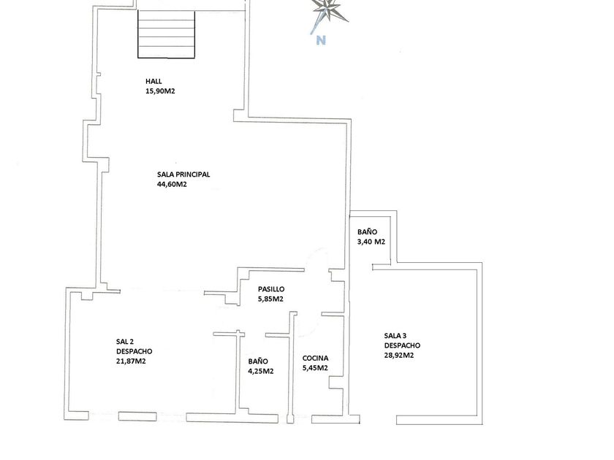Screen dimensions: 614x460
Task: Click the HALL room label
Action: [153, 81]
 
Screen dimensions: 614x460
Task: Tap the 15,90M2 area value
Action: [161, 91]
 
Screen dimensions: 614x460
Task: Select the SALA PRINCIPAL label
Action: [183, 175]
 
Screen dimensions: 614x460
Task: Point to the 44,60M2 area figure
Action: [172, 185]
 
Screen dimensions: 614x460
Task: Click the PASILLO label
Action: [270, 289]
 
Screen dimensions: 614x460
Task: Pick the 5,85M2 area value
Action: [270, 299]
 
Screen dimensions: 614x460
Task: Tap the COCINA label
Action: [315, 359]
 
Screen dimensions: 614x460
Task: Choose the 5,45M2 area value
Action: [315, 368]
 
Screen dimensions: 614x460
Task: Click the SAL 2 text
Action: [125, 341]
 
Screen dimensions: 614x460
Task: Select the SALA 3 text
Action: [397, 336]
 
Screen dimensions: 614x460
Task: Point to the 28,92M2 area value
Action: [399, 356]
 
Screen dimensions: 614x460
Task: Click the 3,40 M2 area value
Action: [371, 242]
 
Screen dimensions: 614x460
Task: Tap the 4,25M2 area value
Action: [261, 371]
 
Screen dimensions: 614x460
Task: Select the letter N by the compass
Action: [320, 41]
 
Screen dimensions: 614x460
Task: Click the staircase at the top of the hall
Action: [167, 35]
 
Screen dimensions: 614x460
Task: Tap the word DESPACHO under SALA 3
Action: [402, 345]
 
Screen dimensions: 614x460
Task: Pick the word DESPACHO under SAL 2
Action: [134, 351]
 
